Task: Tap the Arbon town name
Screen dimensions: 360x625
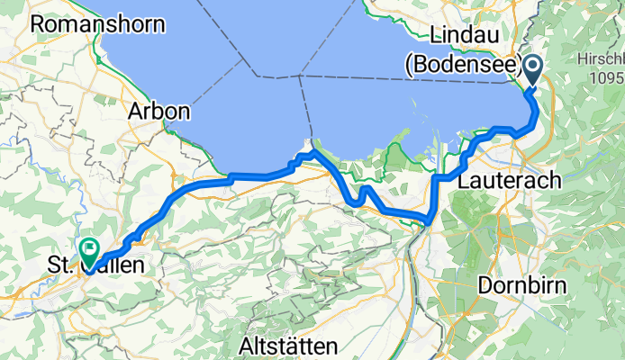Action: tap(159, 112)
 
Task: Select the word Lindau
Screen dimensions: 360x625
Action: tap(464, 34)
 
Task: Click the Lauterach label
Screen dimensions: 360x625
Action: tap(509, 180)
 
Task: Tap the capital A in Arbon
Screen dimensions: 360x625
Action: tap(135, 112)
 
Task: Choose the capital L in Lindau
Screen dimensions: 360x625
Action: tap(436, 34)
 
